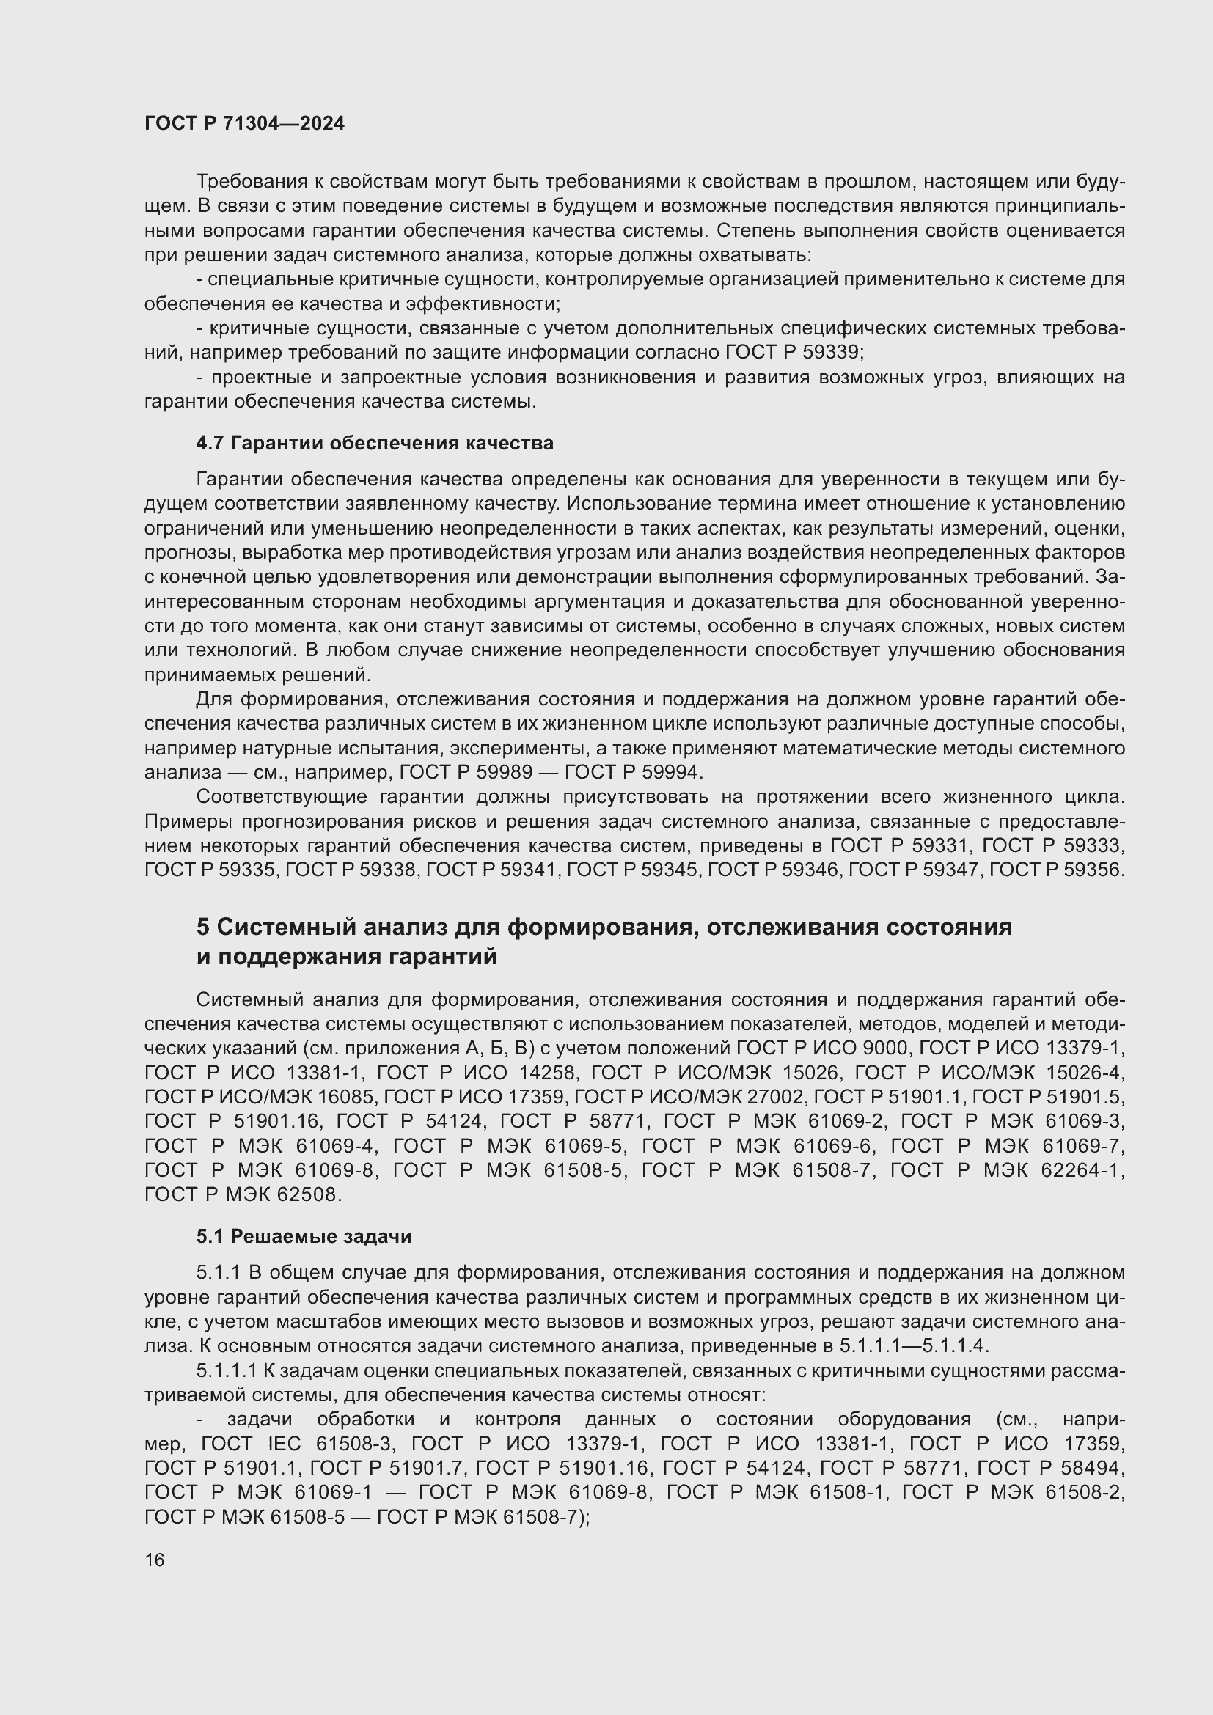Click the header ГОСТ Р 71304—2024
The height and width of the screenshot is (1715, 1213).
point(244,123)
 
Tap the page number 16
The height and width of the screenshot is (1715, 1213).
point(155,1560)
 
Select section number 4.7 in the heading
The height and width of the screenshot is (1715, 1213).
point(210,443)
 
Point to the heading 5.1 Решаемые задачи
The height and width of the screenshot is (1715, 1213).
point(304,1236)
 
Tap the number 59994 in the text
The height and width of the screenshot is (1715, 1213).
point(670,771)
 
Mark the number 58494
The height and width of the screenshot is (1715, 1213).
point(1091,1468)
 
